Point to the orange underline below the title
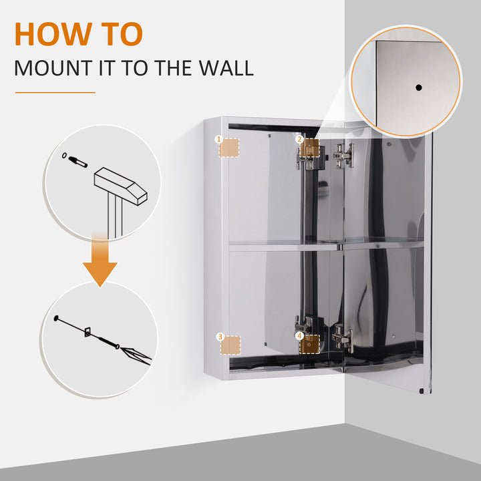tap(55, 92)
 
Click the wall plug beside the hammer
tap(78, 161)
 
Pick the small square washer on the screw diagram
tap(86, 331)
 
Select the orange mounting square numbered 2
tap(309, 148)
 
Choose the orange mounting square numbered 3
tap(230, 345)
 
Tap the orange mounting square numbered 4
tap(309, 344)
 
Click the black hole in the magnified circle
tap(419, 88)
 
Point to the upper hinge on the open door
tap(344, 156)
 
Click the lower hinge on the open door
tap(342, 337)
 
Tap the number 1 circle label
tap(218, 139)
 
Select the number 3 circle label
tap(219, 337)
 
